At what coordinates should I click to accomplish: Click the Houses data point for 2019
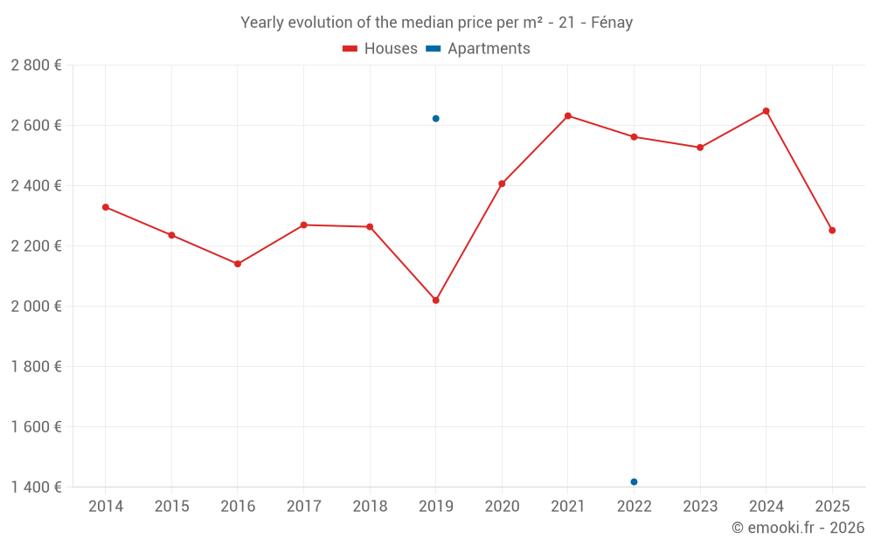(435, 301)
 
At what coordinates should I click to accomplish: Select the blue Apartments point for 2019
(435, 119)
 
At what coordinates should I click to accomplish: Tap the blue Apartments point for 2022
(634, 482)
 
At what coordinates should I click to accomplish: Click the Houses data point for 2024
(766, 111)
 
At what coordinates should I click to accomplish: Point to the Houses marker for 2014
(105, 207)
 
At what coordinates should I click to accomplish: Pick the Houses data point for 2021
(567, 116)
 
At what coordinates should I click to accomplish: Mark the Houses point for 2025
(832, 231)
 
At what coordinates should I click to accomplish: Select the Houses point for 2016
(238, 264)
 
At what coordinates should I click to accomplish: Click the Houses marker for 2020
(502, 183)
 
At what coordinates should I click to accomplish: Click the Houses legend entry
(380, 49)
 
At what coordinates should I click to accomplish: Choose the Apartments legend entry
(478, 49)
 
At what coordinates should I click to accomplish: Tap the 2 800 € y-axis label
(36, 66)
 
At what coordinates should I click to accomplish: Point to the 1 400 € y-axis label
(36, 487)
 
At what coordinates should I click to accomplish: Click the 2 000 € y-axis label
(36, 307)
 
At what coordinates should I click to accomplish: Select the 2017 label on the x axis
(303, 507)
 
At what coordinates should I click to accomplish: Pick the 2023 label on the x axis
(700, 507)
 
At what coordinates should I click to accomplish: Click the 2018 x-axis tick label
(370, 507)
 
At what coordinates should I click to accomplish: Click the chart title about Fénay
(436, 23)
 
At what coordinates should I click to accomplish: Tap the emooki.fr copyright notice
(797, 528)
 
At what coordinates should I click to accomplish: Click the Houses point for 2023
(700, 148)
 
